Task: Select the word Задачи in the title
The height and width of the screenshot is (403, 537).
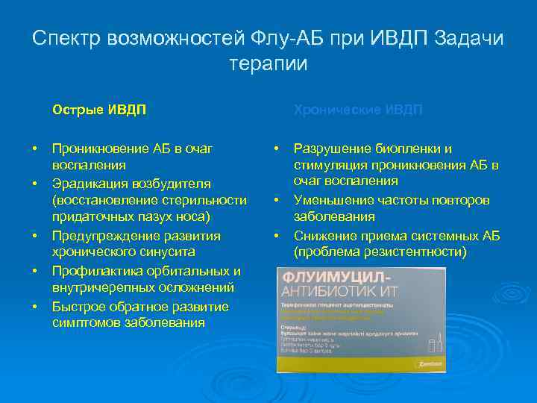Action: (468, 38)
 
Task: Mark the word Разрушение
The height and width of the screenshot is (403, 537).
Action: (332, 149)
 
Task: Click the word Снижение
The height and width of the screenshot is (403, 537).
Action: (325, 236)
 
